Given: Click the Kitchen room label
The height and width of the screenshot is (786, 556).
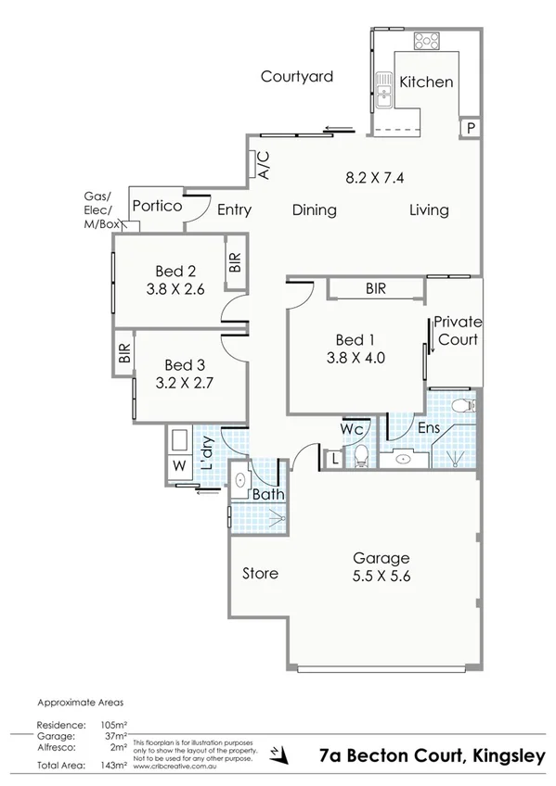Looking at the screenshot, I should point(426,82).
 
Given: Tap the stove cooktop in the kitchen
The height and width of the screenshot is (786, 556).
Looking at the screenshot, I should point(427,41).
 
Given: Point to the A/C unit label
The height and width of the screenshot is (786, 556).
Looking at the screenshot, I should point(263,164).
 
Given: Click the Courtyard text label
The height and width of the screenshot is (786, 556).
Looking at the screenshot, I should point(296,77).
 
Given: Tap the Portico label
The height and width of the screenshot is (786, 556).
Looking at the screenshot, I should point(156,206).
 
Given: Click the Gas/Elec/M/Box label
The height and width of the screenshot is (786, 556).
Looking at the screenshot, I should point(97,209).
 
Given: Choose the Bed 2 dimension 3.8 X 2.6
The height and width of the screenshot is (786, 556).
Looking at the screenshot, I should point(175,289).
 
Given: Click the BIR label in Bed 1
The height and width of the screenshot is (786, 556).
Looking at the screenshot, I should point(375,289).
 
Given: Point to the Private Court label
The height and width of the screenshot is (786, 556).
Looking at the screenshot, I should point(459,331).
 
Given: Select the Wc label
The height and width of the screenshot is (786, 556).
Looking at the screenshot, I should point(350,430).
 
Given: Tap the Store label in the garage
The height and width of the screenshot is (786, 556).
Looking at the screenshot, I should point(260,573).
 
